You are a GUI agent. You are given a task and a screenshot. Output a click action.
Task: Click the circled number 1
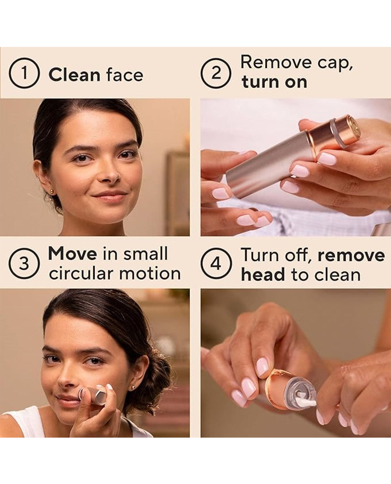(24, 73)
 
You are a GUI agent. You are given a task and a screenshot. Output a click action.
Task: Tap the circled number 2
(216, 73)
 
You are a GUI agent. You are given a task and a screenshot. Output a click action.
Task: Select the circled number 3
(24, 264)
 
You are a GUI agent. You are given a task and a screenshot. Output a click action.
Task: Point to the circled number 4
(216, 264)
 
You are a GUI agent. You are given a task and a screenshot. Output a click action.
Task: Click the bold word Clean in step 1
(74, 75)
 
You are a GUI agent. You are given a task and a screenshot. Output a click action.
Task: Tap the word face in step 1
(125, 75)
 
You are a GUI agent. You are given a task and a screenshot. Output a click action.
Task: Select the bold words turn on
(274, 82)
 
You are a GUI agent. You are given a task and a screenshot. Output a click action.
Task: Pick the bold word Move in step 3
(72, 254)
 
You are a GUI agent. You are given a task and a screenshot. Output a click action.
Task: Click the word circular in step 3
(82, 273)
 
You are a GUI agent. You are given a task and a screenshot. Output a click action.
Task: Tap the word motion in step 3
(150, 274)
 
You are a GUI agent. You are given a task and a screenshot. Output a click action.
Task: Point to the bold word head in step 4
(263, 274)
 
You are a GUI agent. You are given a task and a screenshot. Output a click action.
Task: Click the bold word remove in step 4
(351, 256)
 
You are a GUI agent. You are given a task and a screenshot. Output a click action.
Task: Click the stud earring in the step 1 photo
(52, 191)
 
